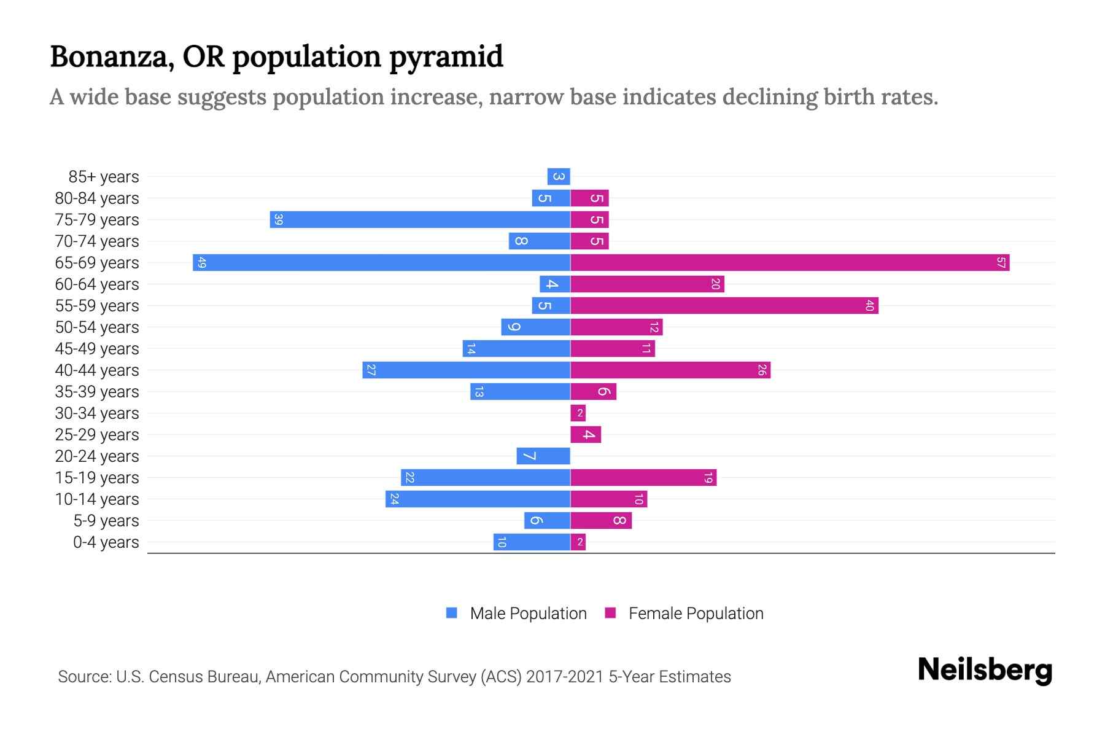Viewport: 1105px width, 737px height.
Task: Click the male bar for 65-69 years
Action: point(381,263)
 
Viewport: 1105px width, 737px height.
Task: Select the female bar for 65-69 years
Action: point(789,263)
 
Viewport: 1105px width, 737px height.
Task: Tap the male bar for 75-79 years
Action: point(420,220)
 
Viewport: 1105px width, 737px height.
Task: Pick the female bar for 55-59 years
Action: point(724,306)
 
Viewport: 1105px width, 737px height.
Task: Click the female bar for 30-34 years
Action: point(578,413)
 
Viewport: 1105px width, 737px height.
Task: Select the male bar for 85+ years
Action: point(559,177)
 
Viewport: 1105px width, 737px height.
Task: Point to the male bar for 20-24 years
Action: point(543,456)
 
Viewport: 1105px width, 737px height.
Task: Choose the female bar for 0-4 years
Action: point(578,542)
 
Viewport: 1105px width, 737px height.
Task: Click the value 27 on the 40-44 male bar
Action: point(371,370)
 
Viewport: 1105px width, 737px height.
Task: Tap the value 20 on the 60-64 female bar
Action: point(715,284)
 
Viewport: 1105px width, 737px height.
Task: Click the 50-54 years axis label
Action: point(97,327)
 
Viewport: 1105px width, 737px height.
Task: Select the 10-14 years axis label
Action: point(97,499)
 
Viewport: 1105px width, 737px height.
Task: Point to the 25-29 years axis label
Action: point(97,435)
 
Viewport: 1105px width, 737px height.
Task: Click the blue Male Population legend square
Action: point(452,613)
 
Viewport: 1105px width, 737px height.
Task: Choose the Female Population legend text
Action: point(696,614)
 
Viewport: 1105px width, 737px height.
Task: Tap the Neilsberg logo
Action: point(985,669)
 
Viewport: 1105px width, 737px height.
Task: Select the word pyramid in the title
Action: point(446,57)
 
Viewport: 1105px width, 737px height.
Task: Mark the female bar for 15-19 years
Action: point(643,478)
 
